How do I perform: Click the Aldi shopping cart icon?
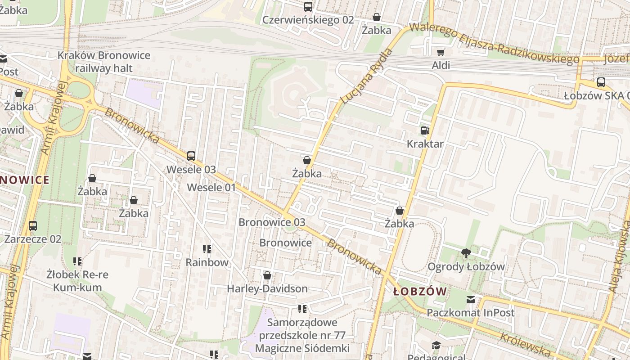pyautogui.click(x=441, y=52)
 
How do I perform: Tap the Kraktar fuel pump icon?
pyautogui.click(x=425, y=131)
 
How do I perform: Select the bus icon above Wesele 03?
pyautogui.click(x=191, y=156)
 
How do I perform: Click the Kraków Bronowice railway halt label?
pyautogui.click(x=104, y=62)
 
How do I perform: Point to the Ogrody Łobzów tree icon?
pyautogui.click(x=466, y=253)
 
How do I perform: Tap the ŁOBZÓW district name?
pyautogui.click(x=420, y=292)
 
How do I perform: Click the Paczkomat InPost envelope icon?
pyautogui.click(x=470, y=300)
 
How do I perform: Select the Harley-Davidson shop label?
pyautogui.click(x=267, y=288)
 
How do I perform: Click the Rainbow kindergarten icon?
pyautogui.click(x=207, y=249)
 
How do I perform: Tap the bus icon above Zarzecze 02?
pyautogui.click(x=32, y=226)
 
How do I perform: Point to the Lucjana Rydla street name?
pyautogui.click(x=367, y=76)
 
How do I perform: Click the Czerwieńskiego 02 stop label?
pyautogui.click(x=308, y=20)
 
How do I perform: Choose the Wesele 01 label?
pyautogui.click(x=211, y=188)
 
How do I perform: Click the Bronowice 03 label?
pyautogui.click(x=272, y=222)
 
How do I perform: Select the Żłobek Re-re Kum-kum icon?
pyautogui.click(x=77, y=261)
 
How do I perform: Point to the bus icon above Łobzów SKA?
pyautogui.click(x=601, y=82)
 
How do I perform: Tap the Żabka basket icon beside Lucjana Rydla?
pyautogui.click(x=307, y=161)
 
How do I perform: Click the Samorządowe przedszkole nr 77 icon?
pyautogui.click(x=302, y=309)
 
